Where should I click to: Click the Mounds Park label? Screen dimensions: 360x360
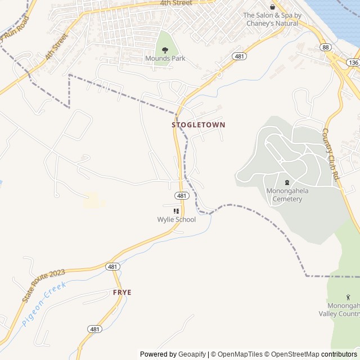[x=165, y=58]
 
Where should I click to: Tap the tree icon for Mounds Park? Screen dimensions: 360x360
[x=165, y=50]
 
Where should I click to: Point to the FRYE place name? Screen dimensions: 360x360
[x=122, y=292]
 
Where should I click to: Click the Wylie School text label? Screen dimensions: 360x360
[x=177, y=219]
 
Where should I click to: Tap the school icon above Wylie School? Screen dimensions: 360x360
[x=177, y=211]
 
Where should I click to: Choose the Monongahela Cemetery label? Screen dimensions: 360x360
[x=287, y=195]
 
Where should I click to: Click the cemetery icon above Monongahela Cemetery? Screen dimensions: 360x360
[x=287, y=182]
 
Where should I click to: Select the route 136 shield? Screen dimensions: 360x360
[x=353, y=62]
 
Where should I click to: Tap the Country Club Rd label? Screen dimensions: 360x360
[x=331, y=154]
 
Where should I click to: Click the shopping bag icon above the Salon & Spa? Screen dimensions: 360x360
[x=273, y=7]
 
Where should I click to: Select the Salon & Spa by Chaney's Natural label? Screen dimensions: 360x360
[x=272, y=19]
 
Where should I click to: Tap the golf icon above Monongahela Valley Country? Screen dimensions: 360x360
[x=348, y=296]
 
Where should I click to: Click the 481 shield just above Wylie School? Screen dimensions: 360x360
[x=181, y=196]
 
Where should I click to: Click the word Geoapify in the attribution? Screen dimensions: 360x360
[x=192, y=354]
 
